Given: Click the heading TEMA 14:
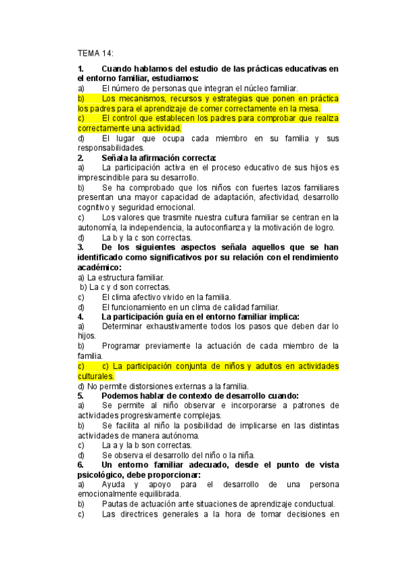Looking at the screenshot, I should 95,53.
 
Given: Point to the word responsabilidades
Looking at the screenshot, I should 111,148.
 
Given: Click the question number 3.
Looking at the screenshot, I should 81,247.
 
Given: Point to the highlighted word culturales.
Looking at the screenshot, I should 96,376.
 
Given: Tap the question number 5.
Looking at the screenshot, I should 81,396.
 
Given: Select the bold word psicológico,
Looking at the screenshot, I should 104,474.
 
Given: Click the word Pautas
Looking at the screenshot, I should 115,505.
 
